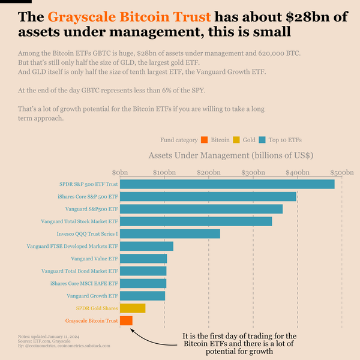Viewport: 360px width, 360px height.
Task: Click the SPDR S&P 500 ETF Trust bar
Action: click(x=227, y=184)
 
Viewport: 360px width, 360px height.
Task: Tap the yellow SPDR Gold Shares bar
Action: click(x=133, y=308)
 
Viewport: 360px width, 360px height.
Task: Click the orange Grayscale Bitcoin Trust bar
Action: click(x=126, y=321)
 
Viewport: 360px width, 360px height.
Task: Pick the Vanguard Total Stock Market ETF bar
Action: click(x=196, y=221)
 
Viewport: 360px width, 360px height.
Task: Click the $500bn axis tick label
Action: click(x=341, y=173)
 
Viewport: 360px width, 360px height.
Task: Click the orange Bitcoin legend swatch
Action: click(x=205, y=140)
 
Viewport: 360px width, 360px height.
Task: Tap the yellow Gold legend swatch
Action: click(x=236, y=140)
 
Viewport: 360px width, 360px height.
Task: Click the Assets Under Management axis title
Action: click(x=231, y=155)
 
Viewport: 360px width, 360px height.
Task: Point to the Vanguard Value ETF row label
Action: click(x=94, y=259)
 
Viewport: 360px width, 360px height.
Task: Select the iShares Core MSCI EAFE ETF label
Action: click(x=84, y=283)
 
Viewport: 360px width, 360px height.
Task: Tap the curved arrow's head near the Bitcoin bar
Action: click(x=131, y=329)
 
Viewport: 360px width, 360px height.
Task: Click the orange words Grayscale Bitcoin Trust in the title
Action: click(x=130, y=17)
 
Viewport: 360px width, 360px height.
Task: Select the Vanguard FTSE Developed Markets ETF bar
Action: click(x=146, y=246)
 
